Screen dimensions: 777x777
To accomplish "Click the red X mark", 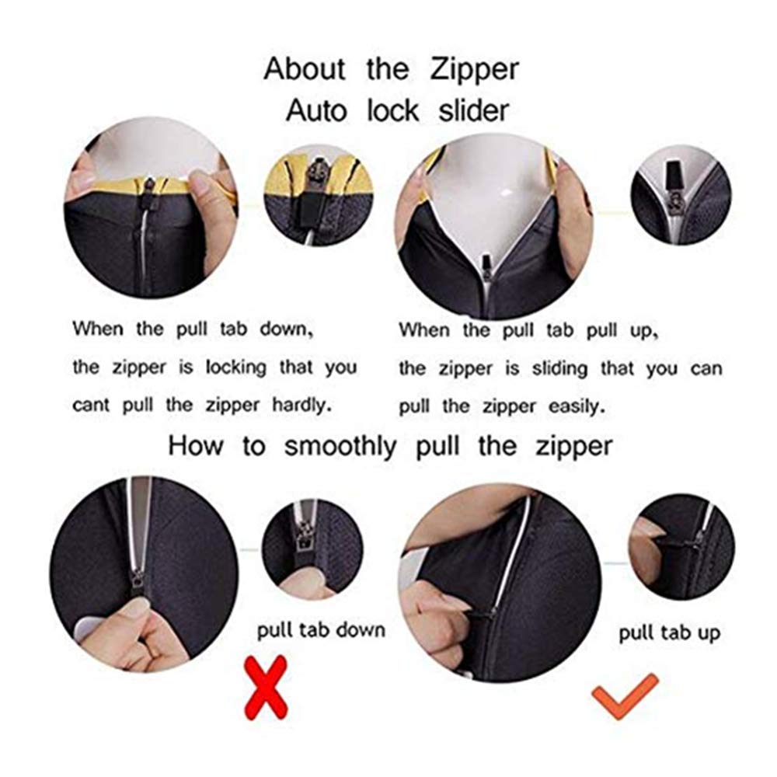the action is [266, 687].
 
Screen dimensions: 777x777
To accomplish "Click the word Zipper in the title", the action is [474, 70].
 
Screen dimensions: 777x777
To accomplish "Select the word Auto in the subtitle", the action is [315, 110].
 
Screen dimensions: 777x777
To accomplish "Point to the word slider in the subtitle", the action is [473, 110].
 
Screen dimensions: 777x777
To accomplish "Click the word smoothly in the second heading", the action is [340, 446].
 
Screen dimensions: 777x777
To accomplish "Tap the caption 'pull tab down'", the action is [321, 631].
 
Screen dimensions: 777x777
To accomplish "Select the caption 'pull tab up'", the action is [669, 633].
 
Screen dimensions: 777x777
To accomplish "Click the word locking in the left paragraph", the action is [236, 368].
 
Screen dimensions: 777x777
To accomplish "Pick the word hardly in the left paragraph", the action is [301, 405].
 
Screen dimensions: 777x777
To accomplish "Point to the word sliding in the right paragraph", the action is [559, 368].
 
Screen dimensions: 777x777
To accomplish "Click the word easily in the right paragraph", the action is [577, 407].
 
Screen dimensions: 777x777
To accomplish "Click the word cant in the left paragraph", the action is [91, 406].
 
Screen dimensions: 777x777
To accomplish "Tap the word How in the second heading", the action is [195, 445].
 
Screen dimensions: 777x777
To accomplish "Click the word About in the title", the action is [305, 69].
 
